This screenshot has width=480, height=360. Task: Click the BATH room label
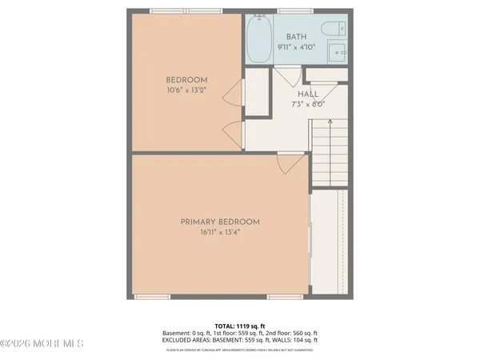(297, 35)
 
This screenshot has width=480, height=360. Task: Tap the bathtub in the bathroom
(258, 38)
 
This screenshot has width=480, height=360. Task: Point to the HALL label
(297, 94)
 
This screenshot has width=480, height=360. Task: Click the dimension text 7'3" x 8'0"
(297, 103)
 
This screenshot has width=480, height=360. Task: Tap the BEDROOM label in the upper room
(186, 79)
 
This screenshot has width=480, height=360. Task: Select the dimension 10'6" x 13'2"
(186, 90)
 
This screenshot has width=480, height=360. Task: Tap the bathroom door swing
(287, 77)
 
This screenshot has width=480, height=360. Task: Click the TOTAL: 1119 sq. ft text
(241, 326)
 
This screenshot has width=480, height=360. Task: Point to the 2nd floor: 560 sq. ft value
(294, 333)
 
